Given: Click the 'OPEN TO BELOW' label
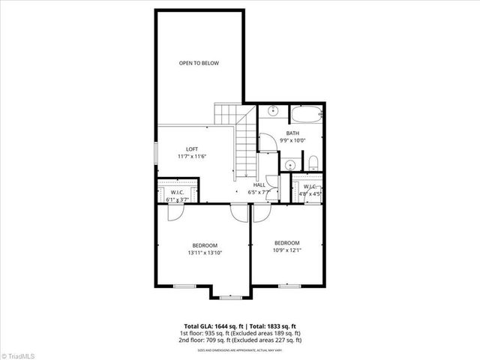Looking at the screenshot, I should [x=199, y=63].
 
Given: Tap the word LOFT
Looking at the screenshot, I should [x=192, y=148].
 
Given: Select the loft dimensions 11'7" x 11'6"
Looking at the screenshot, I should [x=192, y=156].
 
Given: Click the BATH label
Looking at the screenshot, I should [x=292, y=133].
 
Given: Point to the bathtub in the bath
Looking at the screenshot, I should [x=305, y=115].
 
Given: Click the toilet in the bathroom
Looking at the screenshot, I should [x=313, y=163].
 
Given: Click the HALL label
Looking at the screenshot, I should [x=259, y=184].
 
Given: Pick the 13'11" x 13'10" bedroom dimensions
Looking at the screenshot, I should [x=204, y=253].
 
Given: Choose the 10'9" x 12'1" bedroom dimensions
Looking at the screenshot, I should [x=286, y=250].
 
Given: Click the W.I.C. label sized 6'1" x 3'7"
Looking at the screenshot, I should [x=178, y=192].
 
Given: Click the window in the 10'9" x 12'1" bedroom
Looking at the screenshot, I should [x=289, y=286].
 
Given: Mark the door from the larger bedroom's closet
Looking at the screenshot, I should [x=174, y=211].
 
